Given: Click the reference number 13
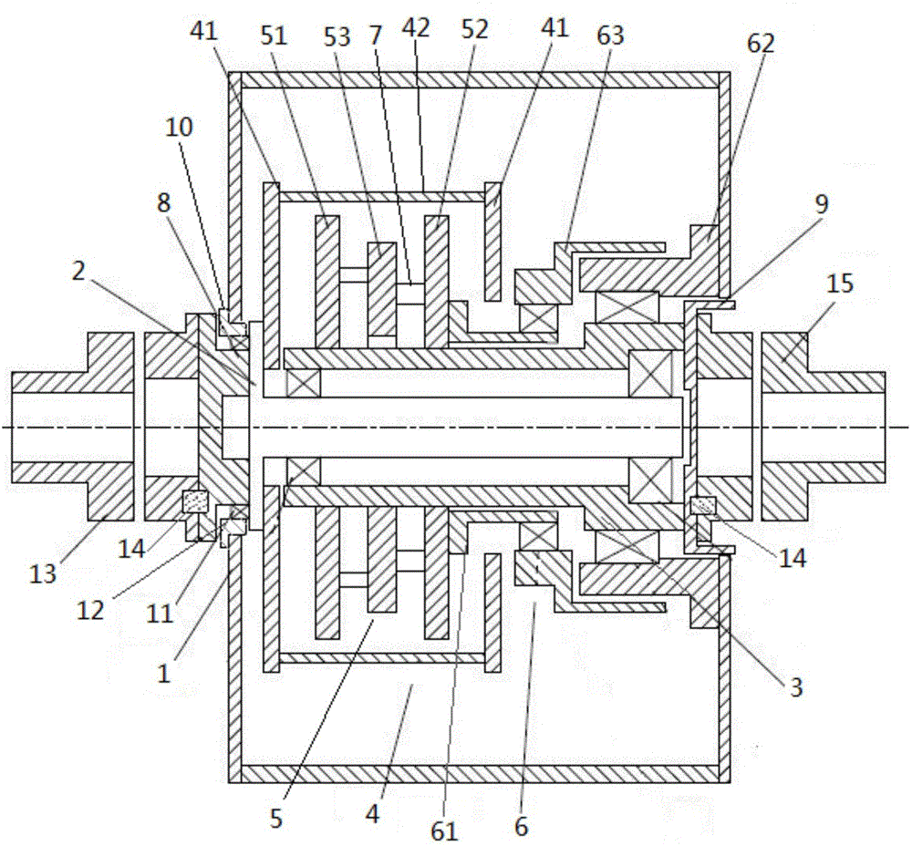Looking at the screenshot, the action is pos(44,573).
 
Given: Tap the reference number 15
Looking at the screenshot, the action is pos(839,284).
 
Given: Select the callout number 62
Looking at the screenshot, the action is pos(761,43).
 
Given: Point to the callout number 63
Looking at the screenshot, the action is pos(610,36).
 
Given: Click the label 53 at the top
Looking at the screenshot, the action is pos(337,36).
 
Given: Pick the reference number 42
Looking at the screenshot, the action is pos(416,28).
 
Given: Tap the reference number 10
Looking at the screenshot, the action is pos(179,127).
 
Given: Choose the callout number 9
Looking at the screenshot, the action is pos(822,203).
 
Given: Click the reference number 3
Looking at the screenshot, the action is pos(795,686).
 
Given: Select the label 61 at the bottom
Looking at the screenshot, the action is pos(445,831).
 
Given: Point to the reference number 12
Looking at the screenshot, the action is pos(90,610).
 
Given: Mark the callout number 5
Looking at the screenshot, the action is pos(276,818).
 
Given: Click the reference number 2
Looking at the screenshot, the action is pos(78,271).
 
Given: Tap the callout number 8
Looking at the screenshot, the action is pos(163,202).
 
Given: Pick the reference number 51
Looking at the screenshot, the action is pos(274,36).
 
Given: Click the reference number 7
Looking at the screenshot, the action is pos(376,36).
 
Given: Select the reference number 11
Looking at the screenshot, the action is pos(160,614).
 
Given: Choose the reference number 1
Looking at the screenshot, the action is pos(164,674).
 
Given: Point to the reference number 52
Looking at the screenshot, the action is pos(474,29).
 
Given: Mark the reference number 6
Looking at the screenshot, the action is pos(521,826).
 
